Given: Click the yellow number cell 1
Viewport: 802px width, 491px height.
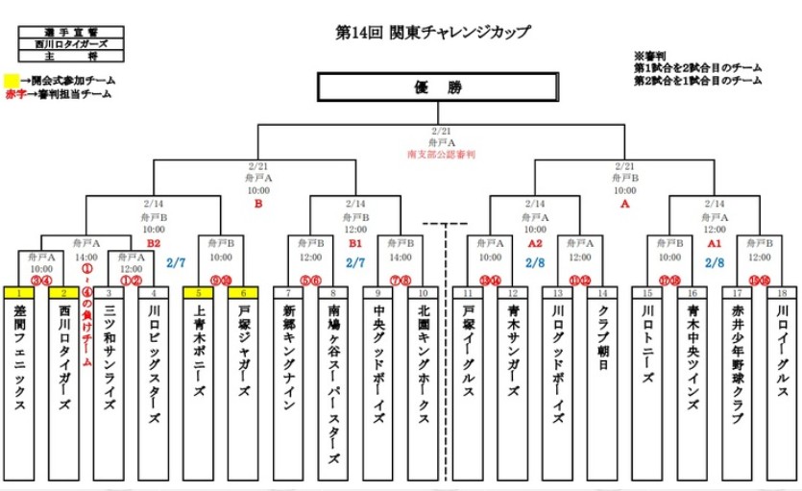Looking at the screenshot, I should click(19, 292).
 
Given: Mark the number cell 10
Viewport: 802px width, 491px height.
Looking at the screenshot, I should click(423, 292).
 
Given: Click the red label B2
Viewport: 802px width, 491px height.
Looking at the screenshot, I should click(153, 244).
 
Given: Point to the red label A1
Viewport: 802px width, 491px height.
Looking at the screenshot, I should click(715, 244).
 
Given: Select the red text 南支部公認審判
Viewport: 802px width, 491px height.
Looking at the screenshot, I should click(442, 154).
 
